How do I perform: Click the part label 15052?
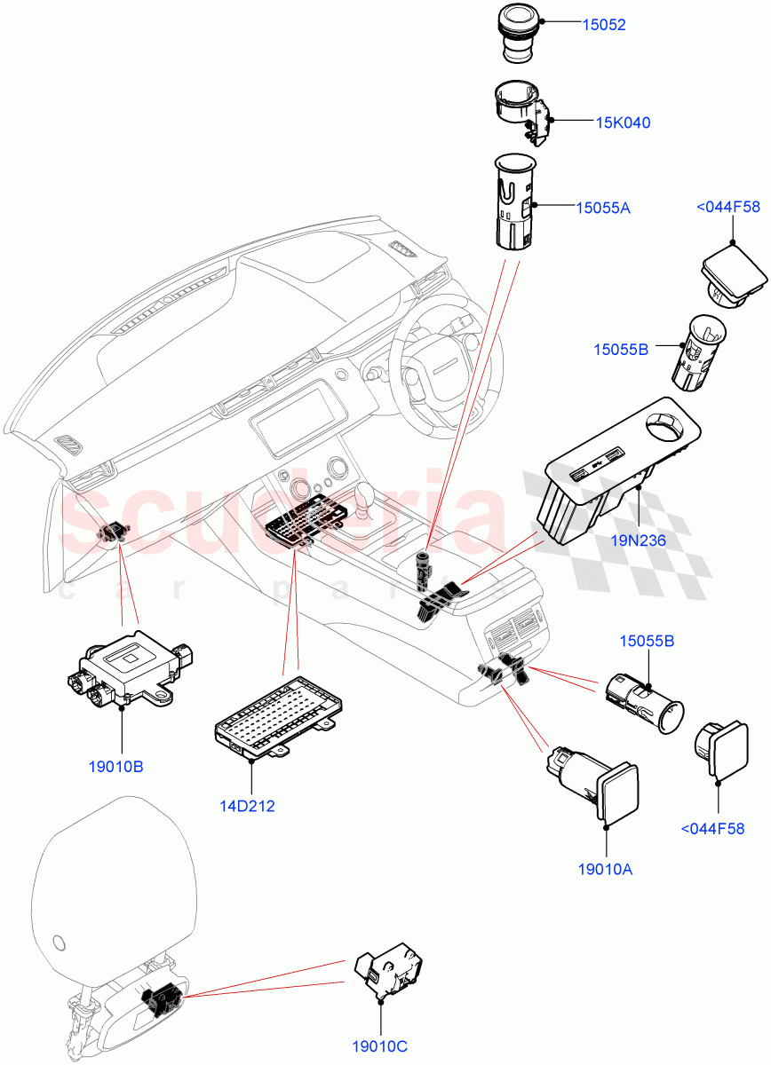603,25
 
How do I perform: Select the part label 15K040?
622,122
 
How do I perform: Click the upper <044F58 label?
728,208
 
